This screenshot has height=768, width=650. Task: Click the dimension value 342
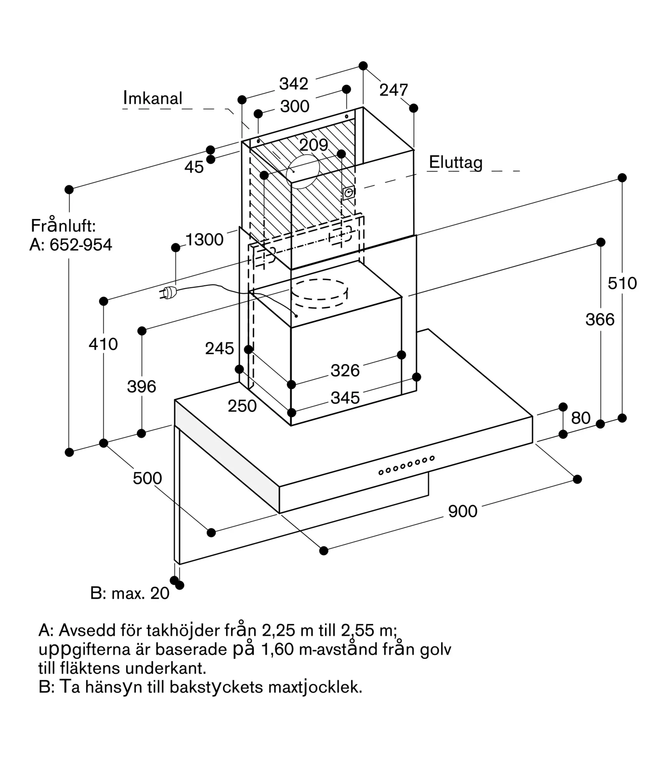293,84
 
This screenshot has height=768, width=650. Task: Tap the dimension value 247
393,90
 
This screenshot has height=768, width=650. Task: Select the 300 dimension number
295,106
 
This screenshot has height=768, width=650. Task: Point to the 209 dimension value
313,145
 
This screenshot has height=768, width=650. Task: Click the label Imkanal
153,98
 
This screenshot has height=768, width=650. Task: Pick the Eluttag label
456,162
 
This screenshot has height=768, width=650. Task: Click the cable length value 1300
204,240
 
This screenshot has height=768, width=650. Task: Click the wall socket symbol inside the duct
348,193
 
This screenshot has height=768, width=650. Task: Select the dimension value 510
622,283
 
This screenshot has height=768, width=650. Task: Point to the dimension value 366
600,319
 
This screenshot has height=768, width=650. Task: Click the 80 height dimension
580,418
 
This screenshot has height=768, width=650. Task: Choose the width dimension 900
463,511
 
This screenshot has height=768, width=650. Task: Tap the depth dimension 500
147,478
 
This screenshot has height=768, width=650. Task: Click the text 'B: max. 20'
129,593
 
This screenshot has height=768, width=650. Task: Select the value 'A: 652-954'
71,245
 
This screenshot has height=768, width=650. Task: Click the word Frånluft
63,226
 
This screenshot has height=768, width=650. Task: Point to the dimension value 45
194,167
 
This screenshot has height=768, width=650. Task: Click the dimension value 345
345,398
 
